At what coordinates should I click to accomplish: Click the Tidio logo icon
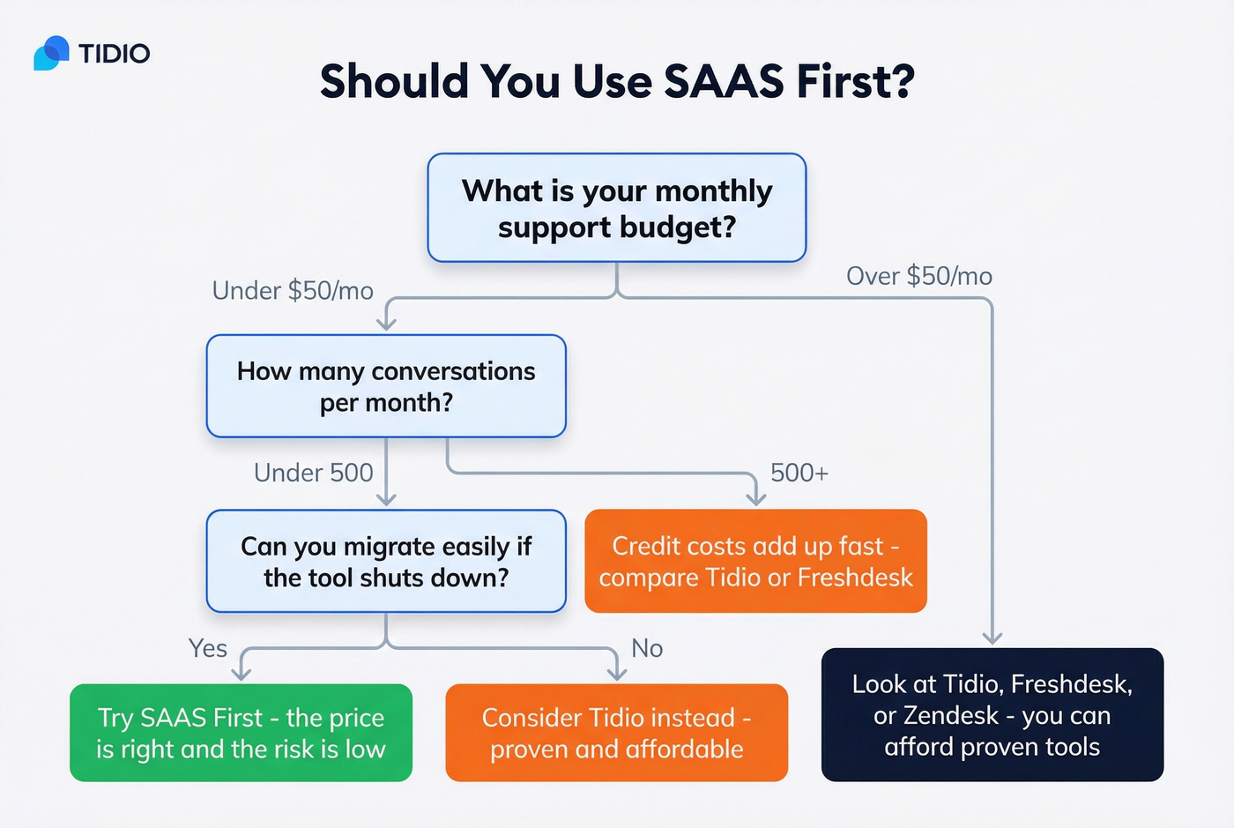click(51, 54)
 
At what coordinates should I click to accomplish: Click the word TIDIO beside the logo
click(114, 54)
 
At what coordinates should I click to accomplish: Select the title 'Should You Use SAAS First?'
click(617, 81)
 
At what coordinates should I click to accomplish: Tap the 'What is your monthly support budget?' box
click(617, 208)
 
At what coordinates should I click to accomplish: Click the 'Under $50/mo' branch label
click(293, 291)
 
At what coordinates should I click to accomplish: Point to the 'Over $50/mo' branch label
click(918, 276)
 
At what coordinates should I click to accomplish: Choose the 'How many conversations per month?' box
click(386, 386)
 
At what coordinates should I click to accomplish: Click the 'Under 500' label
click(313, 473)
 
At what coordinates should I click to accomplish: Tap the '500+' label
click(799, 473)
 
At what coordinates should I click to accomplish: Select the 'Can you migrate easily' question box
click(386, 562)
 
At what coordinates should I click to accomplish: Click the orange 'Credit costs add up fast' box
click(755, 561)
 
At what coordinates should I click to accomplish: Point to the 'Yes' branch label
click(207, 648)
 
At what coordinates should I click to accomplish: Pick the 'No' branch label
click(647, 648)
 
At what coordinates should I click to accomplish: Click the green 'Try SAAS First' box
click(241, 733)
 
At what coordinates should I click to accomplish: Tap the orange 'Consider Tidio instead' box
click(616, 733)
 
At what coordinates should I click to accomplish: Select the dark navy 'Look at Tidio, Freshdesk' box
click(992, 715)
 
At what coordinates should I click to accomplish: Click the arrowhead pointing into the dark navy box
click(992, 638)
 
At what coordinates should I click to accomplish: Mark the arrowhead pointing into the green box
click(242, 674)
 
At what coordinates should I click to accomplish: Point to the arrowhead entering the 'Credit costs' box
click(755, 499)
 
